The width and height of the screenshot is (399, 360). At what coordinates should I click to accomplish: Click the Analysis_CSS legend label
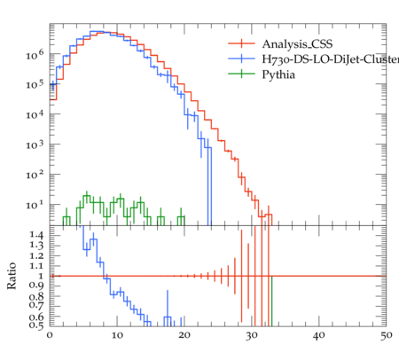pyautogui.click(x=297, y=44)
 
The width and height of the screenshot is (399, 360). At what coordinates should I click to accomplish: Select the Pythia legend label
pyautogui.click(x=278, y=74)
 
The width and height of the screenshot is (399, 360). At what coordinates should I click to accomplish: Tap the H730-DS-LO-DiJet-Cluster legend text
pyautogui.click(x=331, y=59)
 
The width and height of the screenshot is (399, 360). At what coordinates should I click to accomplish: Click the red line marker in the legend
pyautogui.click(x=241, y=43)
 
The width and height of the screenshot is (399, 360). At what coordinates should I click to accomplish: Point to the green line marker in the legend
pyautogui.click(x=241, y=74)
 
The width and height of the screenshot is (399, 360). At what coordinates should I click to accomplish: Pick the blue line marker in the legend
pyautogui.click(x=241, y=59)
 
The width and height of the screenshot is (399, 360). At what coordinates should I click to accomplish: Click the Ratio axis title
pyautogui.click(x=12, y=276)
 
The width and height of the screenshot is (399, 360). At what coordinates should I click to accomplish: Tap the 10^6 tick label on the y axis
pyautogui.click(x=35, y=54)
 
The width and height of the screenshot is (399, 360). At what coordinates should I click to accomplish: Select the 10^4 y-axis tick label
pyautogui.click(x=35, y=114)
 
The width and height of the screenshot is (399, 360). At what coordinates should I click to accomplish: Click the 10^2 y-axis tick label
pyautogui.click(x=35, y=175)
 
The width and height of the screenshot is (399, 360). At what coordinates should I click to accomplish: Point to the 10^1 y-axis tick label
pyautogui.click(x=35, y=205)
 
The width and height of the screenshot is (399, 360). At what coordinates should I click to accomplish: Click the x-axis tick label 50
pyautogui.click(x=386, y=336)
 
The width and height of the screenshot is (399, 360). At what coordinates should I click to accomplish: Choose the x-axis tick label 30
pyautogui.click(x=252, y=336)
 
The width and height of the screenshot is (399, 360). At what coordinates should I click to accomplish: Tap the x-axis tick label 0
pyautogui.click(x=50, y=335)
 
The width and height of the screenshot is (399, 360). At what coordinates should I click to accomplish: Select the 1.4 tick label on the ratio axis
pyautogui.click(x=36, y=235)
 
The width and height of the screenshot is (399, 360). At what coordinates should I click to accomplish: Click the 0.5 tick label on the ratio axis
pyautogui.click(x=36, y=325)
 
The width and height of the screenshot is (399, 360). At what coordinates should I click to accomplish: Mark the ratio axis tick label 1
pyautogui.click(x=41, y=276)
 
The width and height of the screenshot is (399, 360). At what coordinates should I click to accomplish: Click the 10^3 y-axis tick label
pyautogui.click(x=35, y=145)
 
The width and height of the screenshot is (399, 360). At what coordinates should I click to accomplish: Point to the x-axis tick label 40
pyautogui.click(x=318, y=336)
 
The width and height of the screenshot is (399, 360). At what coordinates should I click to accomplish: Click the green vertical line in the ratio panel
pyautogui.click(x=271, y=301)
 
